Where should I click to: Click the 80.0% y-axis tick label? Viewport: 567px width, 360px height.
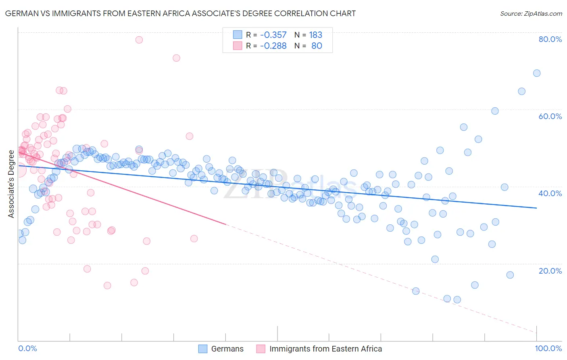550,39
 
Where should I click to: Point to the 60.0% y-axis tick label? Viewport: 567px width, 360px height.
550,116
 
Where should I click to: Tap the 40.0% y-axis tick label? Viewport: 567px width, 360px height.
550,193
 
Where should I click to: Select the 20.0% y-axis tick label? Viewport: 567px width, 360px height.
550,271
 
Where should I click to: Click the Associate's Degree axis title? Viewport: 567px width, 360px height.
11,184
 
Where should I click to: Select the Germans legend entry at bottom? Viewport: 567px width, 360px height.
227,349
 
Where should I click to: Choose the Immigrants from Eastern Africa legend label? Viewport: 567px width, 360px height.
325,349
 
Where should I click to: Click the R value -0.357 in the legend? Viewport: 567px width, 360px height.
273,35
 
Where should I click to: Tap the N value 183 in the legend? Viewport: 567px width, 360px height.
315,35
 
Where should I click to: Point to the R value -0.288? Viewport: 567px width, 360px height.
273,46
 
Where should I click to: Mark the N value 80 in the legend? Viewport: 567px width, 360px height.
317,46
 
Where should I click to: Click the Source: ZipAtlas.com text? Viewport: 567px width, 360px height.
531,14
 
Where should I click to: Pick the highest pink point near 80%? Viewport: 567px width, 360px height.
139,40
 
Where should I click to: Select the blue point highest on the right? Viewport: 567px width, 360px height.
537,73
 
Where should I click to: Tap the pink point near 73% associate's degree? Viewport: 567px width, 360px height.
176,58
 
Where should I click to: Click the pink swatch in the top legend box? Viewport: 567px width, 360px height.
238,46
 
